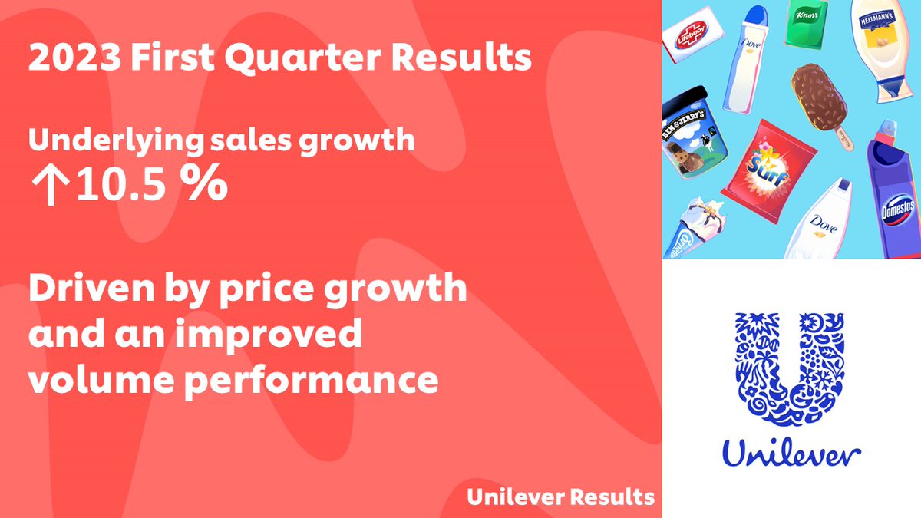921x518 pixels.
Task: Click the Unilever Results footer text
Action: click(x=560, y=497)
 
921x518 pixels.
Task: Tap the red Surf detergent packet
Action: click(x=767, y=164)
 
